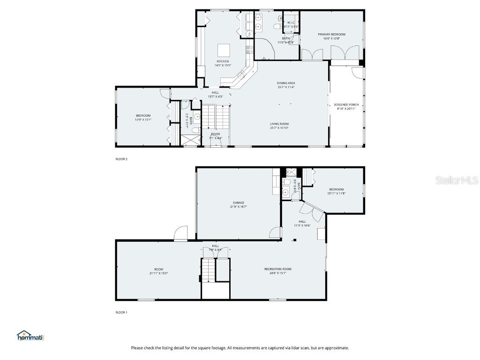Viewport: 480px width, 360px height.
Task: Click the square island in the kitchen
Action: coord(224,50)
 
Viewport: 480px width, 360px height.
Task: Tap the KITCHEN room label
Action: coord(223,61)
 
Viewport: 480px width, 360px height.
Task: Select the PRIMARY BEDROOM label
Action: coord(331,34)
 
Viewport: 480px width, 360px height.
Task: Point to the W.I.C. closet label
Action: coord(291,22)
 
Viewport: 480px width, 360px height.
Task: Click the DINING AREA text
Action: coord(285,83)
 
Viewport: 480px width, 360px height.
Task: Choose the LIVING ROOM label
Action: coord(279,124)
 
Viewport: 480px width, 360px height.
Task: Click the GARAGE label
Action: coord(238,202)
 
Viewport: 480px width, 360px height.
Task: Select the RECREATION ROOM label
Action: coord(277,269)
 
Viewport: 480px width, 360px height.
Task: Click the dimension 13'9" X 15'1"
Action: coord(143,120)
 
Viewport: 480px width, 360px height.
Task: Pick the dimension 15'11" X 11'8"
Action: coord(336,193)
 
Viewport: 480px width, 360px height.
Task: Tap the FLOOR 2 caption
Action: coord(121,159)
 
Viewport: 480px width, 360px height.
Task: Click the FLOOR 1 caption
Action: coord(121,312)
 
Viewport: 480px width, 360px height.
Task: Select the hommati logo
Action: coord(30,336)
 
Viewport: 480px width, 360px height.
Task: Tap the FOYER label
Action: coord(215,134)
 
